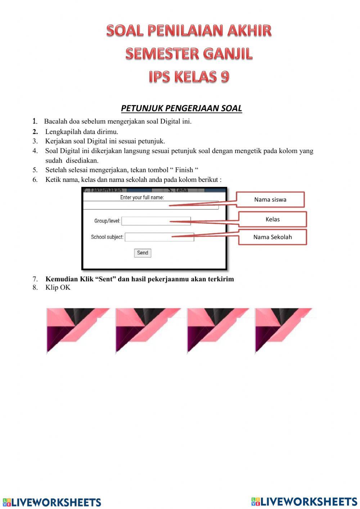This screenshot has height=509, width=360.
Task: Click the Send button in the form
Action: tap(143, 253)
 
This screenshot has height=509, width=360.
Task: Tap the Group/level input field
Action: tap(156, 221)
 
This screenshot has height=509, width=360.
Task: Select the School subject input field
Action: tap(159, 237)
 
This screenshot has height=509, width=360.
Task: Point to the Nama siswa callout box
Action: tap(270, 200)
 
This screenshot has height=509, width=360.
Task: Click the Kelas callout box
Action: tap(273, 219)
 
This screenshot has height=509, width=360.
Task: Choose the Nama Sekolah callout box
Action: tap(273, 237)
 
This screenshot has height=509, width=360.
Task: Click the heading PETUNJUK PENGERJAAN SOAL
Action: tap(181, 108)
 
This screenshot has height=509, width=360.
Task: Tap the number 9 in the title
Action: tap(224, 77)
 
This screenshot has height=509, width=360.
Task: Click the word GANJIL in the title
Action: tap(228, 54)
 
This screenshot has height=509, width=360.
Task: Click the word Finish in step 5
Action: tap(184, 170)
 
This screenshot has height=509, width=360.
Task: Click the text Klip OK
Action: tap(58, 287)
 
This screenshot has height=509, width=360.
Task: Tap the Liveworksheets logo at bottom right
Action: tap(304, 501)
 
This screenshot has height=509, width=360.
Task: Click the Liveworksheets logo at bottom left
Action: tap(52, 502)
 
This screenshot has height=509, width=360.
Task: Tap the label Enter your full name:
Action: tap(142, 197)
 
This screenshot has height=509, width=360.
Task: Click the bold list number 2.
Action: tap(35, 132)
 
